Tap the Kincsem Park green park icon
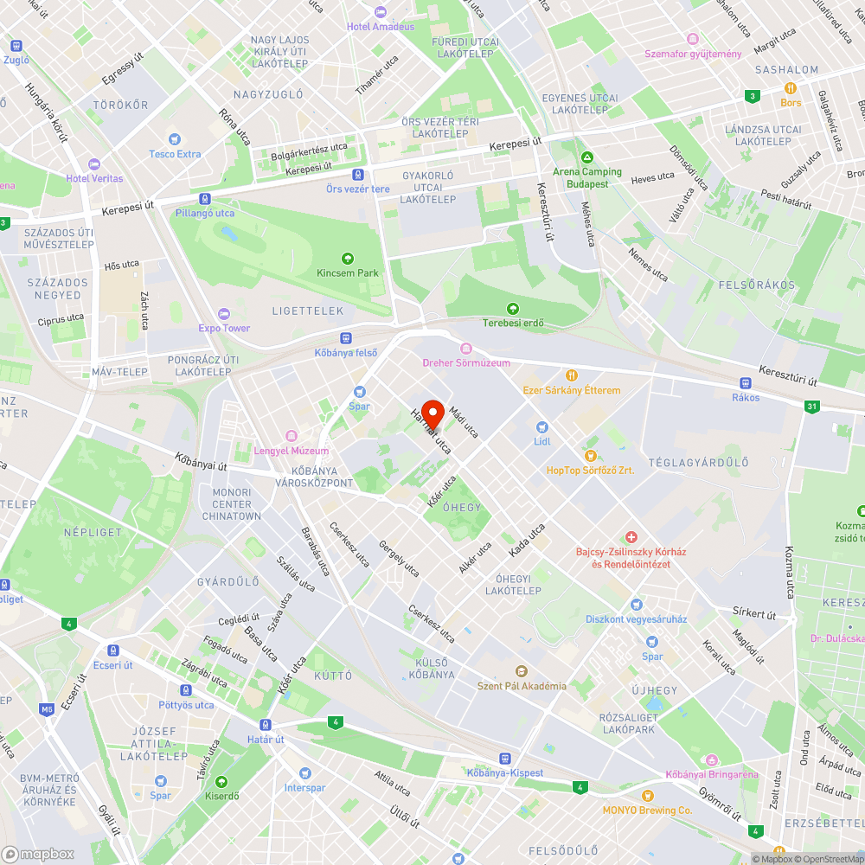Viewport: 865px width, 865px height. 348,258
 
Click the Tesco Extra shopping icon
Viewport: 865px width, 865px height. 175,139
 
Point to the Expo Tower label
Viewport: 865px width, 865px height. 224,328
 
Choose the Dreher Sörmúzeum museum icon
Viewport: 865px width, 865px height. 466,349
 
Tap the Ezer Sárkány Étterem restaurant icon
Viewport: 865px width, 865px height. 572,375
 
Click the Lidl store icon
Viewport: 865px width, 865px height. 542,427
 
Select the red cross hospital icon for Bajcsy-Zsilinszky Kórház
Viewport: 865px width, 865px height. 631,537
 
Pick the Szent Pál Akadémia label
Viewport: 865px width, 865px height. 522,686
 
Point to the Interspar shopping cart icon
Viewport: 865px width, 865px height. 304,773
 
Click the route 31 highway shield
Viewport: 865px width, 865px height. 811,406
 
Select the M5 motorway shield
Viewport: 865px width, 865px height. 46,710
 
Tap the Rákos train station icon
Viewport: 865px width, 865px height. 745,383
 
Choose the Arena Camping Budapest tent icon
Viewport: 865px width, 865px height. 587,158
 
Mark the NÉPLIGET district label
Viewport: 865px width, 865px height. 93,532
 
